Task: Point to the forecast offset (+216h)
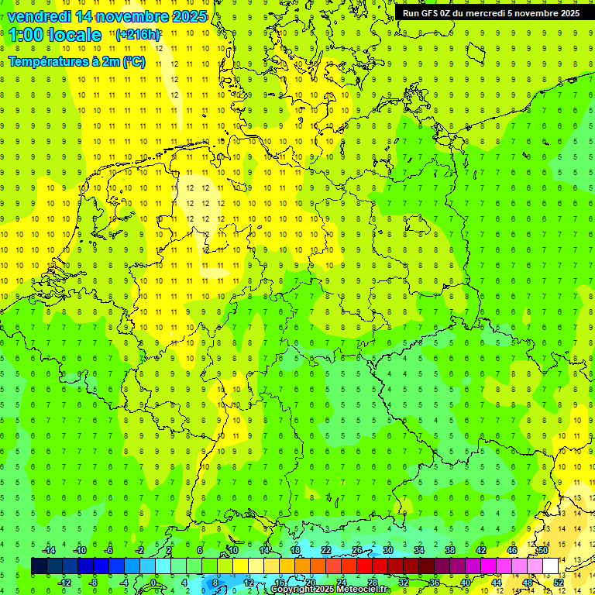click(139, 35)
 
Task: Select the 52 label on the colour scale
click(558, 582)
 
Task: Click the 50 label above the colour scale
click(543, 550)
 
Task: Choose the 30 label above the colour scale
click(388, 550)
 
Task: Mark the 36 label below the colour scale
click(434, 582)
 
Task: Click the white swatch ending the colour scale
click(551, 566)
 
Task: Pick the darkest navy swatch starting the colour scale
click(39, 566)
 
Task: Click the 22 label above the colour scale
click(326, 550)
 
